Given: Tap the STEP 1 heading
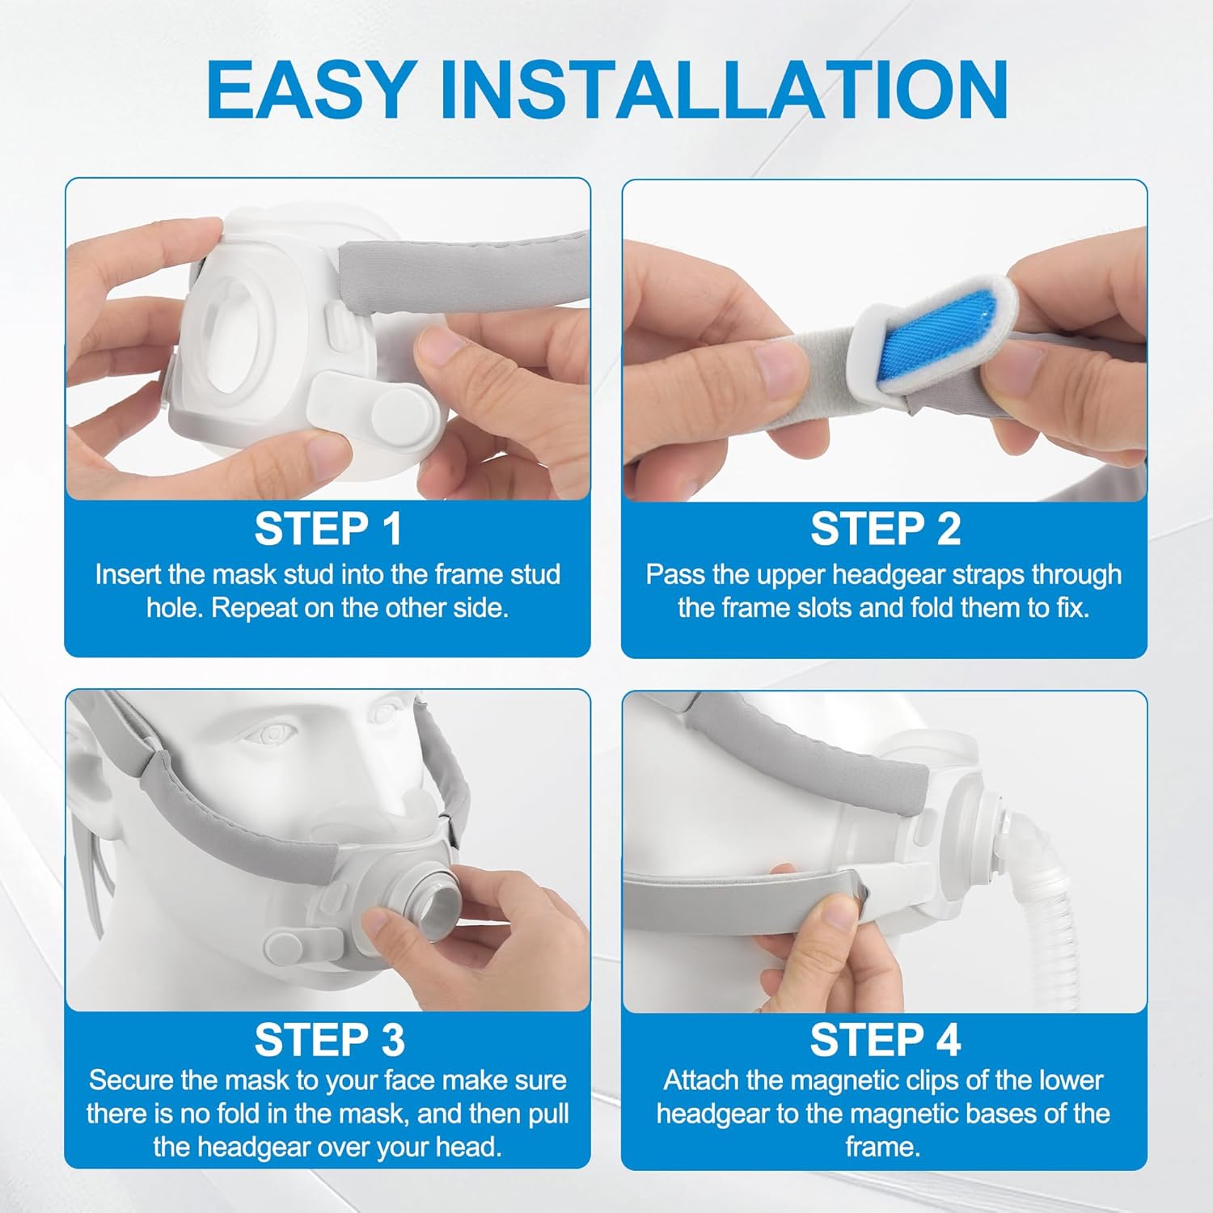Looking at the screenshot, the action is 328,529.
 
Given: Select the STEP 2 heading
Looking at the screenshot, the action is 885,529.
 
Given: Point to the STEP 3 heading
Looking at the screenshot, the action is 329,1040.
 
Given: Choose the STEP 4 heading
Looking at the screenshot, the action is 885,1040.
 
